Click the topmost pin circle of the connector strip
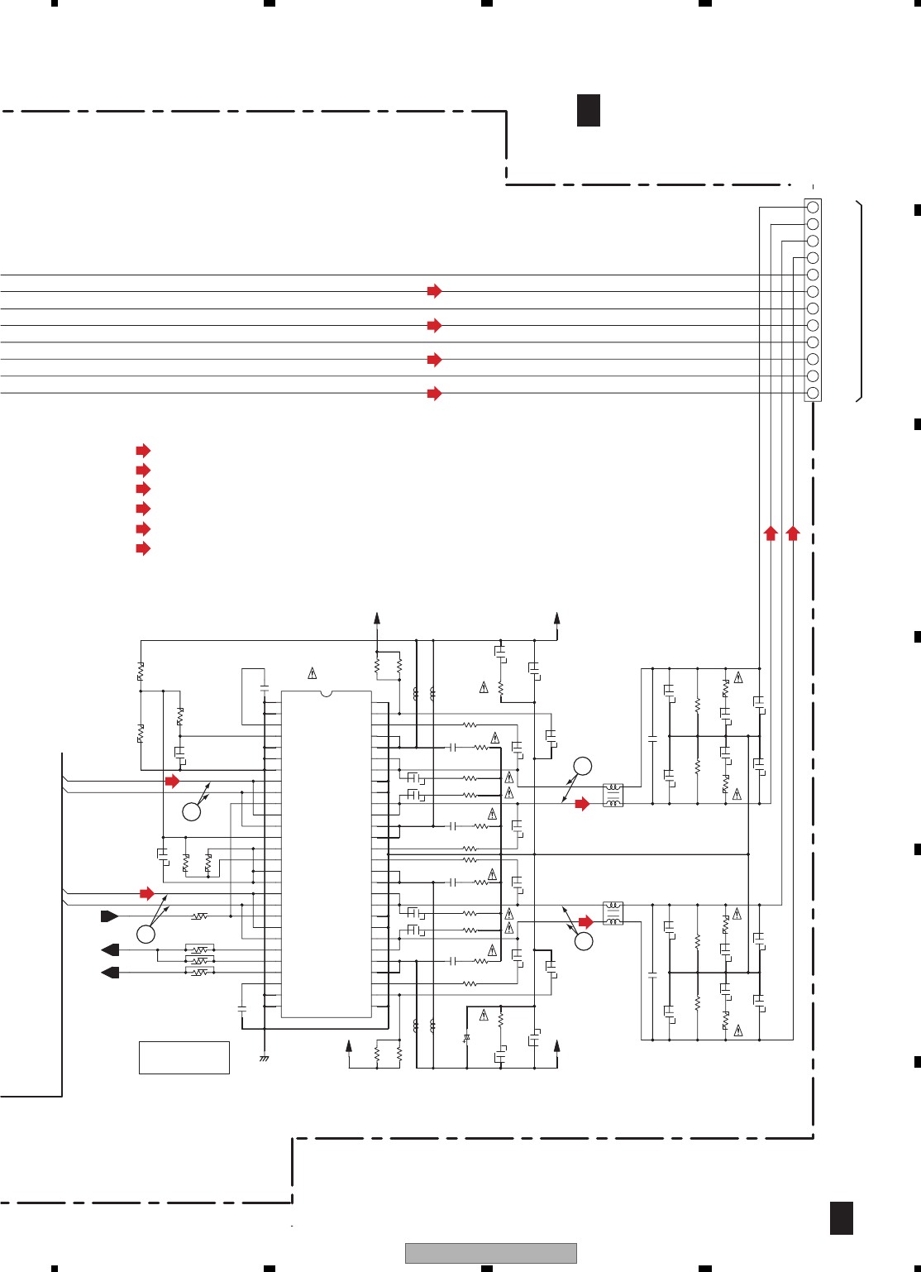pos(813,207)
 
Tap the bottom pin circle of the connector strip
pos(813,393)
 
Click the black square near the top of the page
pos(589,111)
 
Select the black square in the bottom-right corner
pos(842,1218)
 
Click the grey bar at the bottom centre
pos(490,1253)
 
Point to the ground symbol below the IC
pos(265,1058)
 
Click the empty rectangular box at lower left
pos(184,1058)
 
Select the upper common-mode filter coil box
pos(613,796)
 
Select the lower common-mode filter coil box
pos(613,913)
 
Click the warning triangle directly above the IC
pos(313,673)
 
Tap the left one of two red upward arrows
pos(771,533)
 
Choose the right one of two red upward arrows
pos(793,533)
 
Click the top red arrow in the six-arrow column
pos(143,451)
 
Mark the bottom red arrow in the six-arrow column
pos(143,548)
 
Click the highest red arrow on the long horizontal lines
pos(434,291)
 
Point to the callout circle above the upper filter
pos(583,766)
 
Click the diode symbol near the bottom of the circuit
pos(466,1037)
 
